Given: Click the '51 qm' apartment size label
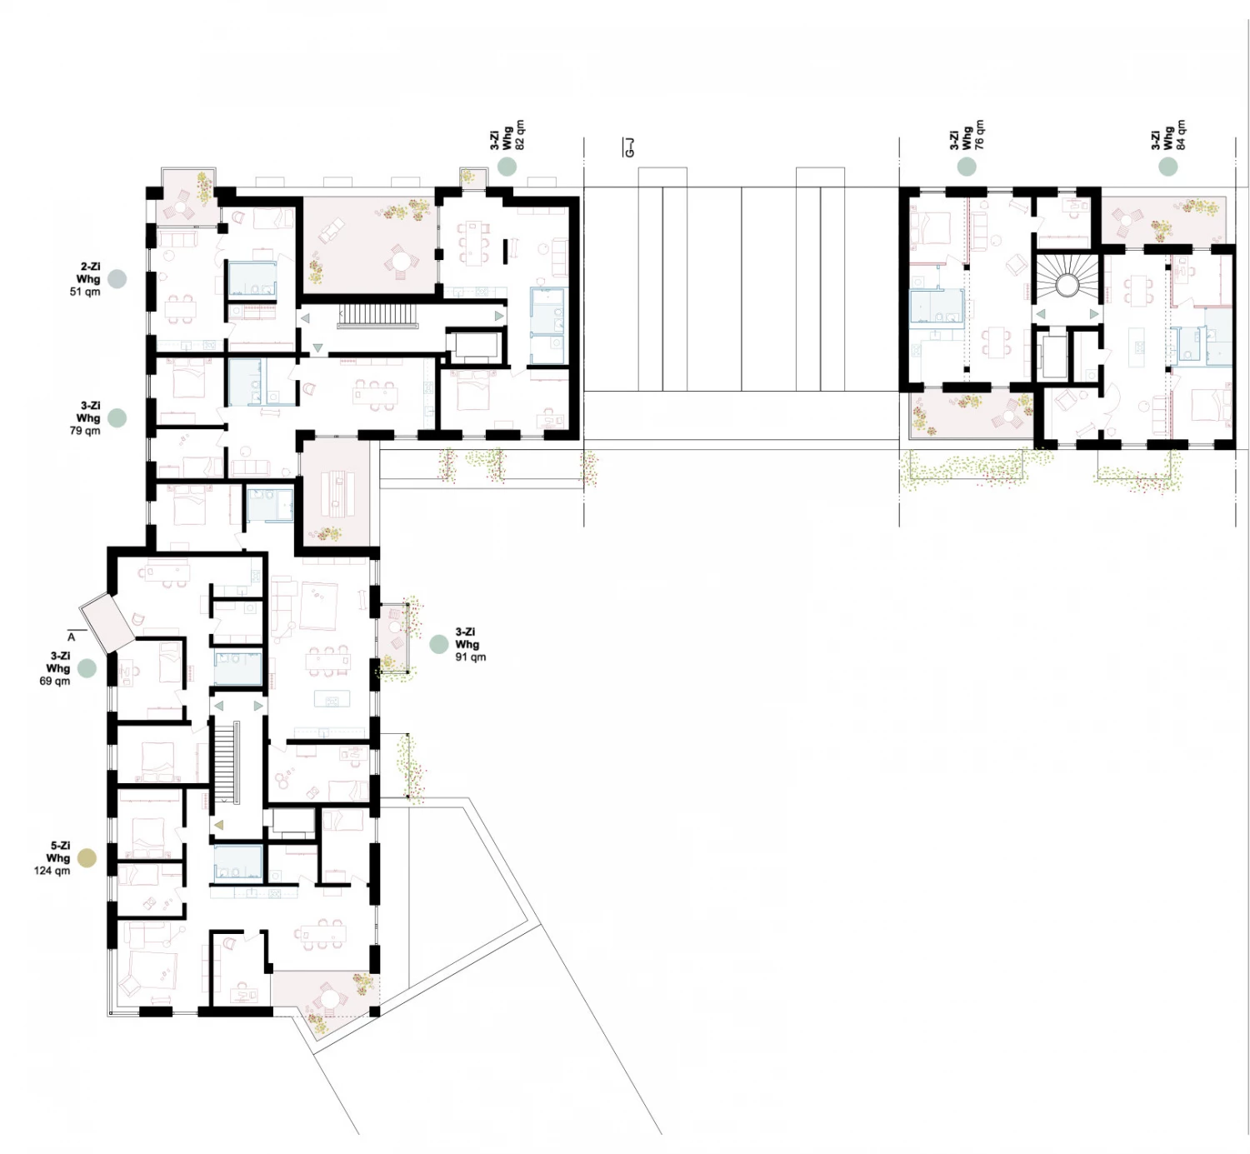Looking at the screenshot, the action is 85,292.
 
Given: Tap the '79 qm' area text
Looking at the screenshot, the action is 85,431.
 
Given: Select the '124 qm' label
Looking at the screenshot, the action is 52,871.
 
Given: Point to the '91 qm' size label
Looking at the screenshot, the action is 471,657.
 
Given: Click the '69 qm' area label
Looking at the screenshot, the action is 55,681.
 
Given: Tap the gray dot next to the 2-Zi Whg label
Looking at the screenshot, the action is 117,279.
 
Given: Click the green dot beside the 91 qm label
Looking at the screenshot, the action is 438,644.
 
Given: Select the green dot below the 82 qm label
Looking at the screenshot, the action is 507,166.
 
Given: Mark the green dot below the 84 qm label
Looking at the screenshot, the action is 1168,166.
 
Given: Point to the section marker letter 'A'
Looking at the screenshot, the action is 71,637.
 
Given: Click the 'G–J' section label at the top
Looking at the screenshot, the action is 630,146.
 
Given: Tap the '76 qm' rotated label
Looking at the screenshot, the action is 978,135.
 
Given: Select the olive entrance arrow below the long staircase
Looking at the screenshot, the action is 219,824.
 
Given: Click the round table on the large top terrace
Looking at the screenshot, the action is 402,259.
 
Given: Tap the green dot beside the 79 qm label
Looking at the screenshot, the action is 117,417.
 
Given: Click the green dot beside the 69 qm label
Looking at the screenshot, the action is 87,668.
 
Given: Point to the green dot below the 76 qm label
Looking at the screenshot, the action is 967,166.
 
